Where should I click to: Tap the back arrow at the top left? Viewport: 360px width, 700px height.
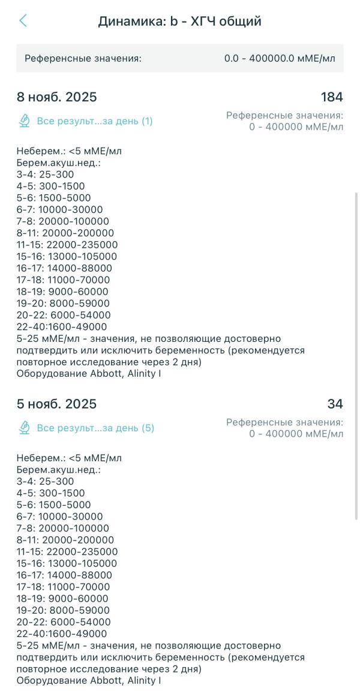pyautogui.click(x=23, y=21)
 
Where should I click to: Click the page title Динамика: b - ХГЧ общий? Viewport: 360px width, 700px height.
pyautogui.click(x=179, y=22)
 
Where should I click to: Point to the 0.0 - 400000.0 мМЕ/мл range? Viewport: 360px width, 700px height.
pyautogui.click(x=280, y=59)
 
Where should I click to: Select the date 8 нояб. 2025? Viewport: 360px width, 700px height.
pyautogui.click(x=56, y=97)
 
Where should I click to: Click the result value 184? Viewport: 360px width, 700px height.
pyautogui.click(x=332, y=97)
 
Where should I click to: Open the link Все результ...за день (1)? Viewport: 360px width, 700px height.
pyautogui.click(x=95, y=121)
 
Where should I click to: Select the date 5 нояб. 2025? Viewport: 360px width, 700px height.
pyautogui.click(x=56, y=404)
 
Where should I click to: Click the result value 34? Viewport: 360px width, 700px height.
pyautogui.click(x=335, y=404)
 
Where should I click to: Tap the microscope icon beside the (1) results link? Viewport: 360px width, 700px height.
pyautogui.click(x=25, y=121)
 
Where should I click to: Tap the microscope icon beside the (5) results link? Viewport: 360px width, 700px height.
pyautogui.click(x=25, y=428)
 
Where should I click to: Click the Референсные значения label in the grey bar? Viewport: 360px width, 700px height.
pyautogui.click(x=83, y=59)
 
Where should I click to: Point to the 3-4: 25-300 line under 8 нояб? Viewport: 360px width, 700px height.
pyautogui.click(x=46, y=175)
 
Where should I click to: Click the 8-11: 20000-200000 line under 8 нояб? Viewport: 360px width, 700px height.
pyautogui.click(x=65, y=233)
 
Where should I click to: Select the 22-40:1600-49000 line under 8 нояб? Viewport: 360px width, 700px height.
pyautogui.click(x=62, y=327)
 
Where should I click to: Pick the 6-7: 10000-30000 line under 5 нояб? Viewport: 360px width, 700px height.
pyautogui.click(x=59, y=516)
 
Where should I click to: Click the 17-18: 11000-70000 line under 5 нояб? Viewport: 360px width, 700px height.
pyautogui.click(x=63, y=587)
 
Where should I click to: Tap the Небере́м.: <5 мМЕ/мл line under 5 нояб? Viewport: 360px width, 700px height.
pyautogui.click(x=69, y=458)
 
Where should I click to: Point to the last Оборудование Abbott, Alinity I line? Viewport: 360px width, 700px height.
pyautogui.click(x=89, y=681)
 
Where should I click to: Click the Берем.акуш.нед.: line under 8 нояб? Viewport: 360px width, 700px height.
pyautogui.click(x=58, y=163)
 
